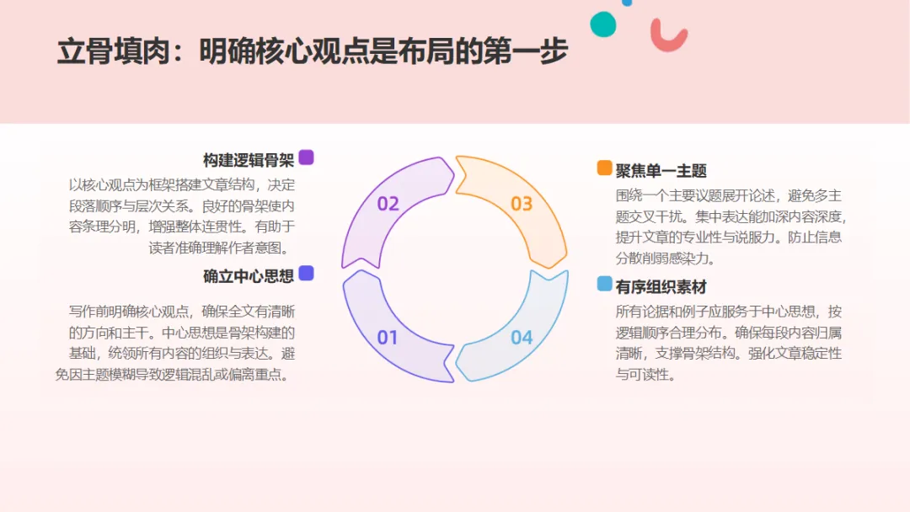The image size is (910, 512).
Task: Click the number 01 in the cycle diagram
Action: tap(387, 338)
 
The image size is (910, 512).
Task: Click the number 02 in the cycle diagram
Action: tap(388, 204)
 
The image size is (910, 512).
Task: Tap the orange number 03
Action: tap(522, 204)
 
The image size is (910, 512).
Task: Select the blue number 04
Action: tap(522, 338)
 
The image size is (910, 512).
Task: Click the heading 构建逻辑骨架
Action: tap(248, 160)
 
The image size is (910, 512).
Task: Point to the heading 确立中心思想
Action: tap(248, 275)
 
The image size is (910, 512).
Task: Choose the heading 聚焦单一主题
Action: tap(661, 171)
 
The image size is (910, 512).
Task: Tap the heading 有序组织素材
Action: tap(661, 287)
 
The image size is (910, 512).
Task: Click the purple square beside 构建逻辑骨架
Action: tap(306, 157)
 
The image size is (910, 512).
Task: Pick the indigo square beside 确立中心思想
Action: tap(306, 273)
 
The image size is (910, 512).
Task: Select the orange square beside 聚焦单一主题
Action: tap(604, 168)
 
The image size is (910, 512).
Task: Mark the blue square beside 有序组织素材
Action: tap(604, 284)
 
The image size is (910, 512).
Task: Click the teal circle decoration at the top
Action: tap(603, 24)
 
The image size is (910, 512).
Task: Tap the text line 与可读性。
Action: tap(645, 375)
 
